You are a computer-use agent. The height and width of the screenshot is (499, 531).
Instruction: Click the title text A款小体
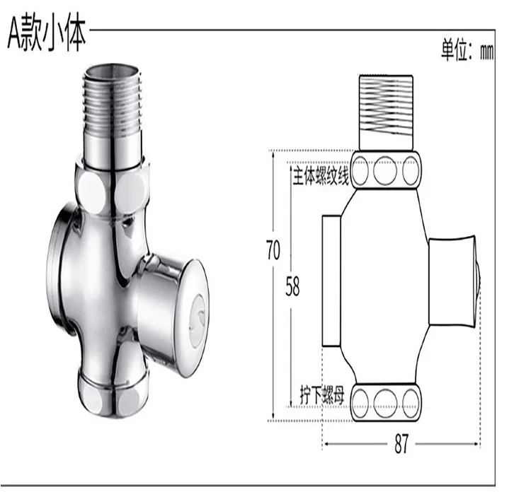point(47,35)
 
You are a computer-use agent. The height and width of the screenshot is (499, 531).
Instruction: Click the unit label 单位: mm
point(467,51)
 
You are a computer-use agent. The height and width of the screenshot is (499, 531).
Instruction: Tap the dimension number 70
point(273,250)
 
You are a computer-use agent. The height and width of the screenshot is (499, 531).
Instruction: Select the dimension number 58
point(292,286)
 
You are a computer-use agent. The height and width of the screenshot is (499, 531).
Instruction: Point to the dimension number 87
point(401,443)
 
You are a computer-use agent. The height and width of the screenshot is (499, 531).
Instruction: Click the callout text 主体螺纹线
point(321,176)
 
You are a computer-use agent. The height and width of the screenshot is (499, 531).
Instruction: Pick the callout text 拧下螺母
point(322,394)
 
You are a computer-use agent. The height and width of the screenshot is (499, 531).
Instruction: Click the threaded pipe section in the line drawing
point(386,112)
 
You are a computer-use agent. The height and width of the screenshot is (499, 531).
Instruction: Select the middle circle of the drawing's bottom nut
point(385,404)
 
